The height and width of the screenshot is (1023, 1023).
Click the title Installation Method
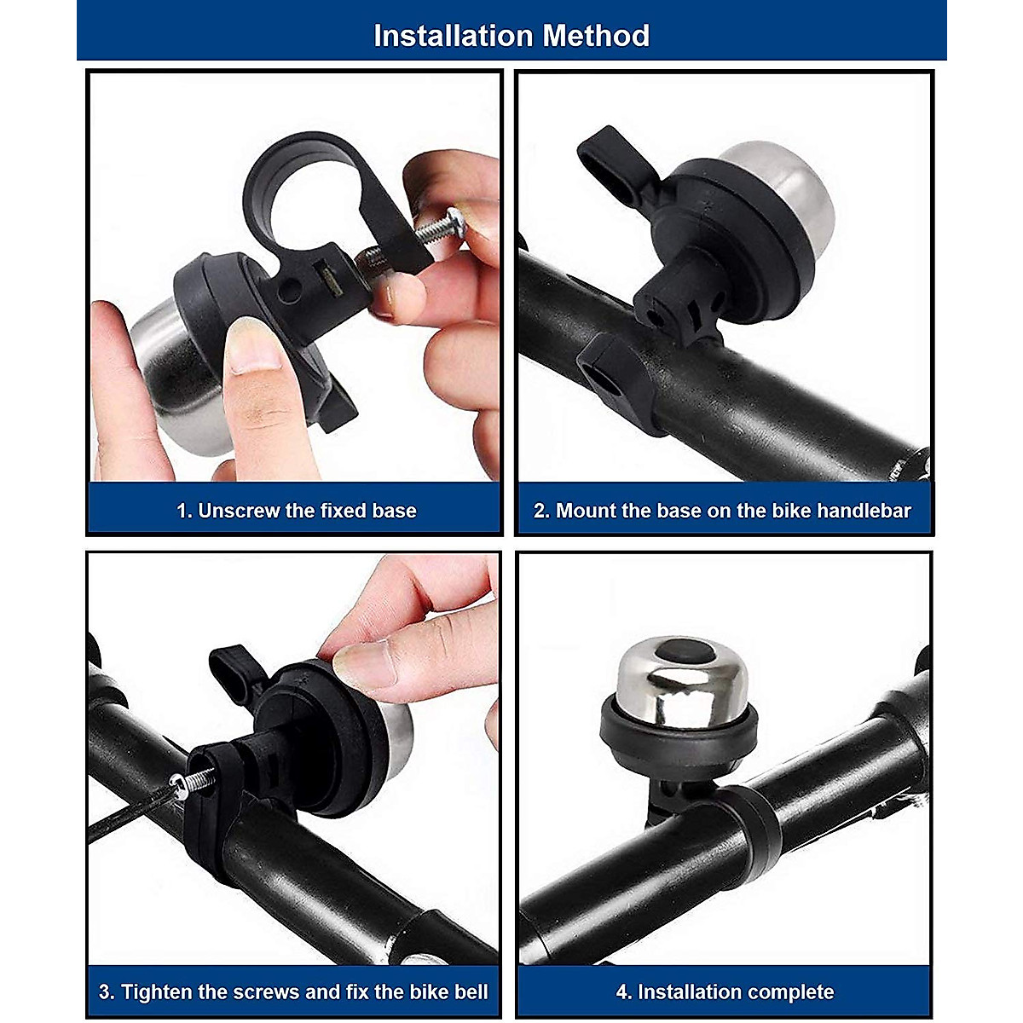click(x=511, y=36)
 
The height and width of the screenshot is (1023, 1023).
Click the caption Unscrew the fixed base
click(x=296, y=511)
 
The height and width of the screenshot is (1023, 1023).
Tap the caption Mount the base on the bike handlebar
click(x=722, y=511)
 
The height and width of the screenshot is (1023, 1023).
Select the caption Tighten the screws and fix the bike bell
click(x=293, y=991)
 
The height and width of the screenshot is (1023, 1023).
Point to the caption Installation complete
click(x=725, y=991)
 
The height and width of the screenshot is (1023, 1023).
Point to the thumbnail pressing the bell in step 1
click(x=254, y=345)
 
